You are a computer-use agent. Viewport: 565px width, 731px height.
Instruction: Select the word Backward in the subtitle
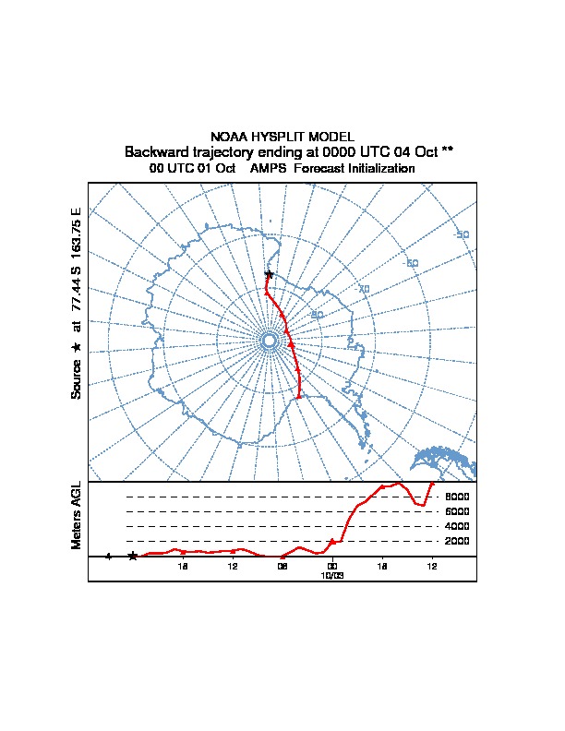tap(155, 151)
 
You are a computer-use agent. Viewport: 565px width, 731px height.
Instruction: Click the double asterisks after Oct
tap(447, 151)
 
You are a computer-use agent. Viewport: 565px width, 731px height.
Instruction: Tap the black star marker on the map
tap(269, 274)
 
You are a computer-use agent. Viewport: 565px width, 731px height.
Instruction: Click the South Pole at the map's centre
tap(269, 341)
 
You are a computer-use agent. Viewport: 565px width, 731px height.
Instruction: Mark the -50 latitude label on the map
tap(462, 234)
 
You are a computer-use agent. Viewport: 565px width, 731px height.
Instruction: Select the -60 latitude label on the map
tap(412, 263)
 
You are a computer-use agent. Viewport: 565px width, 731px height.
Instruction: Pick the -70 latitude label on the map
tap(363, 289)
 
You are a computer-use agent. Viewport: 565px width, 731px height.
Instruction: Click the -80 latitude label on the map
tap(318, 315)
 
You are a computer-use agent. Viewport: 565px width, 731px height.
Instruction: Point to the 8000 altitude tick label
tap(457, 497)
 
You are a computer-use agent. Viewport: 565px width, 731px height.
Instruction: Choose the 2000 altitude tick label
tap(457, 541)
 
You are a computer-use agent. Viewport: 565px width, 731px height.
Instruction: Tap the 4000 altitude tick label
tap(457, 526)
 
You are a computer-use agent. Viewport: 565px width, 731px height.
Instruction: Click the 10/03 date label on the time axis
tap(331, 574)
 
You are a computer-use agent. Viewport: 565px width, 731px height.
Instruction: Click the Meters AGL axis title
tap(77, 515)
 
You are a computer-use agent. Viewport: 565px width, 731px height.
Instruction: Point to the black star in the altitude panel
tap(133, 556)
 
